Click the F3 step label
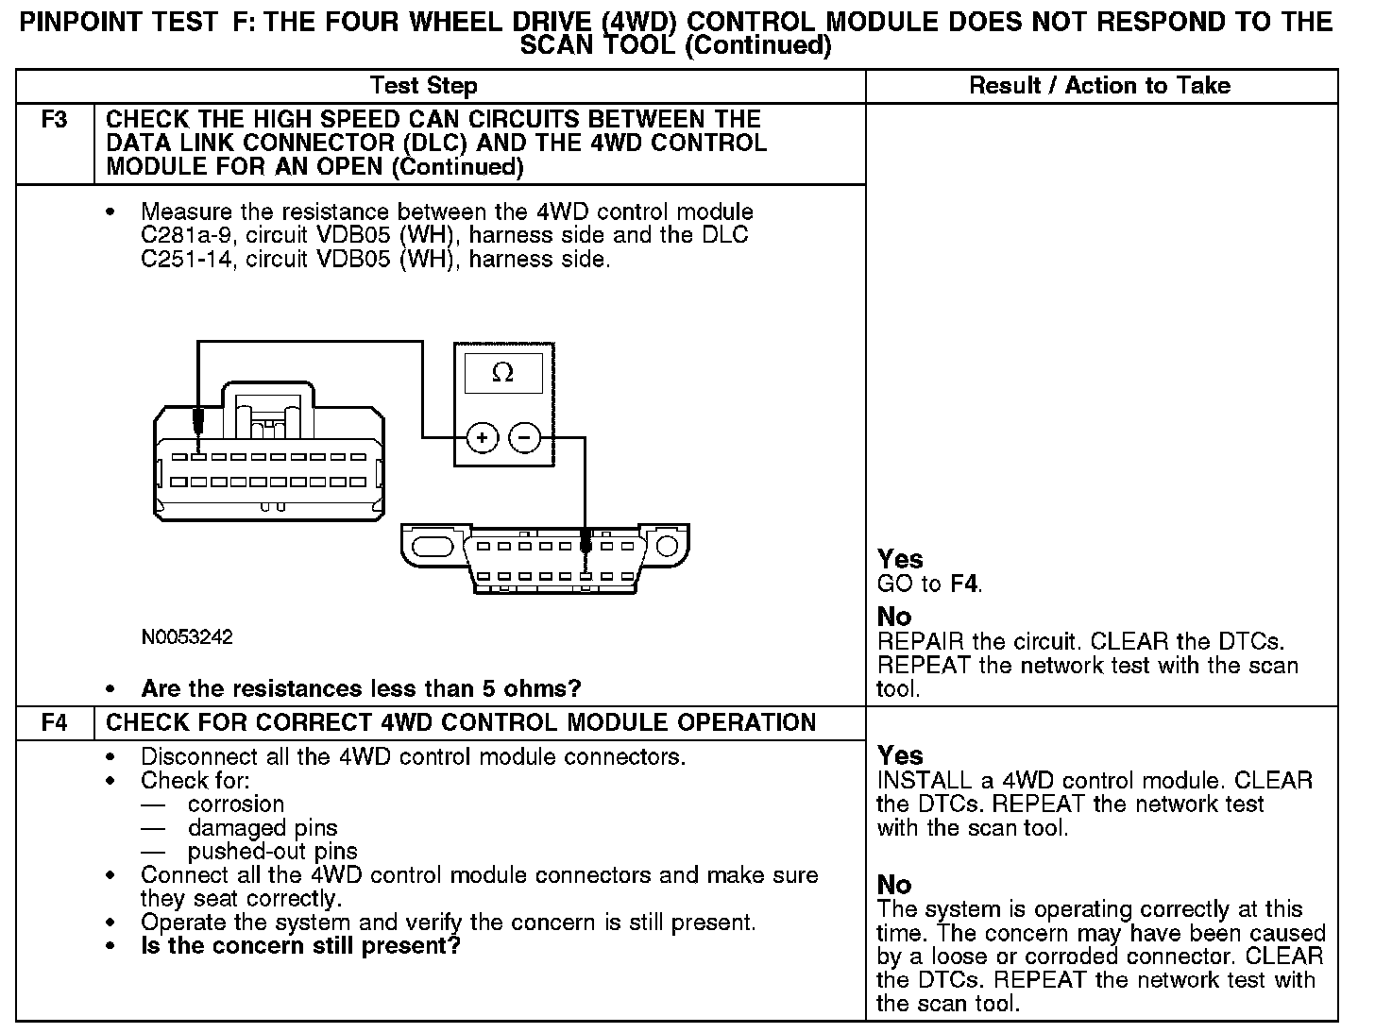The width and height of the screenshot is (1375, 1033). pyautogui.click(x=55, y=120)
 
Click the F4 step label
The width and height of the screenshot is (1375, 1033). pyautogui.click(x=55, y=723)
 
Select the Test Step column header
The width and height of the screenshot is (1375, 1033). pyautogui.click(x=424, y=86)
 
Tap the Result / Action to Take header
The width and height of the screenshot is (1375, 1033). pyautogui.click(x=1100, y=86)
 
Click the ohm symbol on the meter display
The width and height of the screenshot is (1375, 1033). pyautogui.click(x=502, y=374)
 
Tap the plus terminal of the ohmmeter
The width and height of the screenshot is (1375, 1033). pyautogui.click(x=482, y=438)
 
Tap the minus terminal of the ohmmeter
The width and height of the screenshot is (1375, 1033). pyautogui.click(x=524, y=438)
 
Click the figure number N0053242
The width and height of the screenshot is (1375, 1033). pyautogui.click(x=187, y=637)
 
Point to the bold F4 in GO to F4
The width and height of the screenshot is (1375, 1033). pyautogui.click(x=963, y=584)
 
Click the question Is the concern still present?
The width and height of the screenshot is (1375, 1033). pyautogui.click(x=300, y=946)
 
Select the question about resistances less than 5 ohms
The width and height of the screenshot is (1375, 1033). pyautogui.click(x=361, y=688)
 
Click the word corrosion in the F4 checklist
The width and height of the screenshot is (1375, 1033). pyautogui.click(x=236, y=804)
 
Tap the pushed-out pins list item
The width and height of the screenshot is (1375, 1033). pyautogui.click(x=272, y=852)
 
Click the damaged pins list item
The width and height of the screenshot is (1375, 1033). pyautogui.click(x=263, y=828)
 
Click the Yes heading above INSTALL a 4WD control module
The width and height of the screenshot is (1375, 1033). pyautogui.click(x=900, y=755)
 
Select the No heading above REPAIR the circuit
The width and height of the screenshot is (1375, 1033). pyautogui.click(x=894, y=618)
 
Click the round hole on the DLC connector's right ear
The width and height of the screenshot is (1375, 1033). pyautogui.click(x=667, y=546)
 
